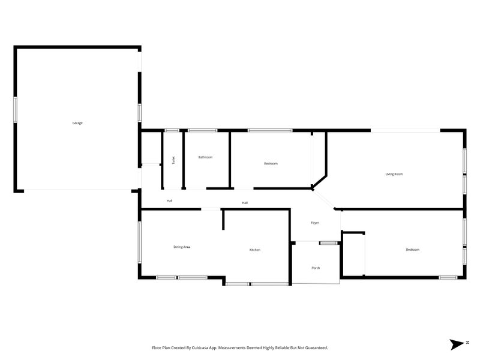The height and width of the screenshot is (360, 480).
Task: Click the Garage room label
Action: click(x=77, y=123)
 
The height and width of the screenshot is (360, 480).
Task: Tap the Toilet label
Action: click(x=173, y=160)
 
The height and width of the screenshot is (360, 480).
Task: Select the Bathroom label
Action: click(x=205, y=157)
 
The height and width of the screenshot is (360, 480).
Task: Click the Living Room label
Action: click(x=394, y=174)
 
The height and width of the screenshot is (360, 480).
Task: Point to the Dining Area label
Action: click(x=182, y=247)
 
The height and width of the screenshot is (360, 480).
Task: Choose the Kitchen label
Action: click(x=254, y=250)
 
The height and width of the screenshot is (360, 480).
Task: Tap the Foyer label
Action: click(x=314, y=223)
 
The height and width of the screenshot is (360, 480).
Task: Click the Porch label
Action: click(x=316, y=268)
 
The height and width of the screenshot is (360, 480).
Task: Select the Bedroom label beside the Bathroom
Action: click(x=271, y=163)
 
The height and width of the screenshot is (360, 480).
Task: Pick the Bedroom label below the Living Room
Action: click(x=412, y=250)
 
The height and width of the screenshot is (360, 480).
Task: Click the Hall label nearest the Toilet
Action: click(x=170, y=201)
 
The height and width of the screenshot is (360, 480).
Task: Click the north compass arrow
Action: click(x=457, y=344)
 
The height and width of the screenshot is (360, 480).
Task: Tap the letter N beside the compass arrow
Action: click(x=467, y=342)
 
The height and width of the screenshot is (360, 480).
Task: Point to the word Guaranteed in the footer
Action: click(x=317, y=348)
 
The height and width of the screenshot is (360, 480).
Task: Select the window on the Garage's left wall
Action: click(x=15, y=110)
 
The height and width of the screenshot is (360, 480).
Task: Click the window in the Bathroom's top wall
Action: click(x=202, y=130)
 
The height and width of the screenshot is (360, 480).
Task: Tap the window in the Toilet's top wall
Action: click(x=172, y=130)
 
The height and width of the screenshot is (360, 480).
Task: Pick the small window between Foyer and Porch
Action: click(x=329, y=243)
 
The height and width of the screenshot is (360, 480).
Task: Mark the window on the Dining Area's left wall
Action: click(x=140, y=242)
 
